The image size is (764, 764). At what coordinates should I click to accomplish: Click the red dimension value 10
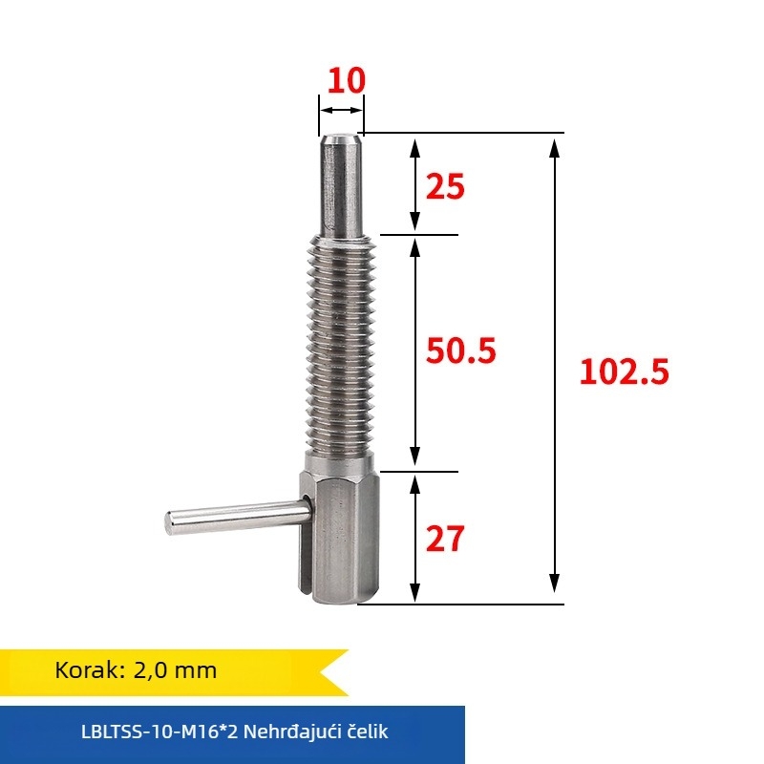(345, 81)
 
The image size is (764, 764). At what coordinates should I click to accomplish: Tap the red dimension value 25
(444, 187)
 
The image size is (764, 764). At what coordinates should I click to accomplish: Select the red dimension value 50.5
(461, 351)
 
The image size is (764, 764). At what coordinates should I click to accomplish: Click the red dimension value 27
(444, 540)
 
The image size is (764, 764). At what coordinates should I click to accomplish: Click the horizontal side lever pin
(239, 517)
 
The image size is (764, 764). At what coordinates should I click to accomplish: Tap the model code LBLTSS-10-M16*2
(159, 733)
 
